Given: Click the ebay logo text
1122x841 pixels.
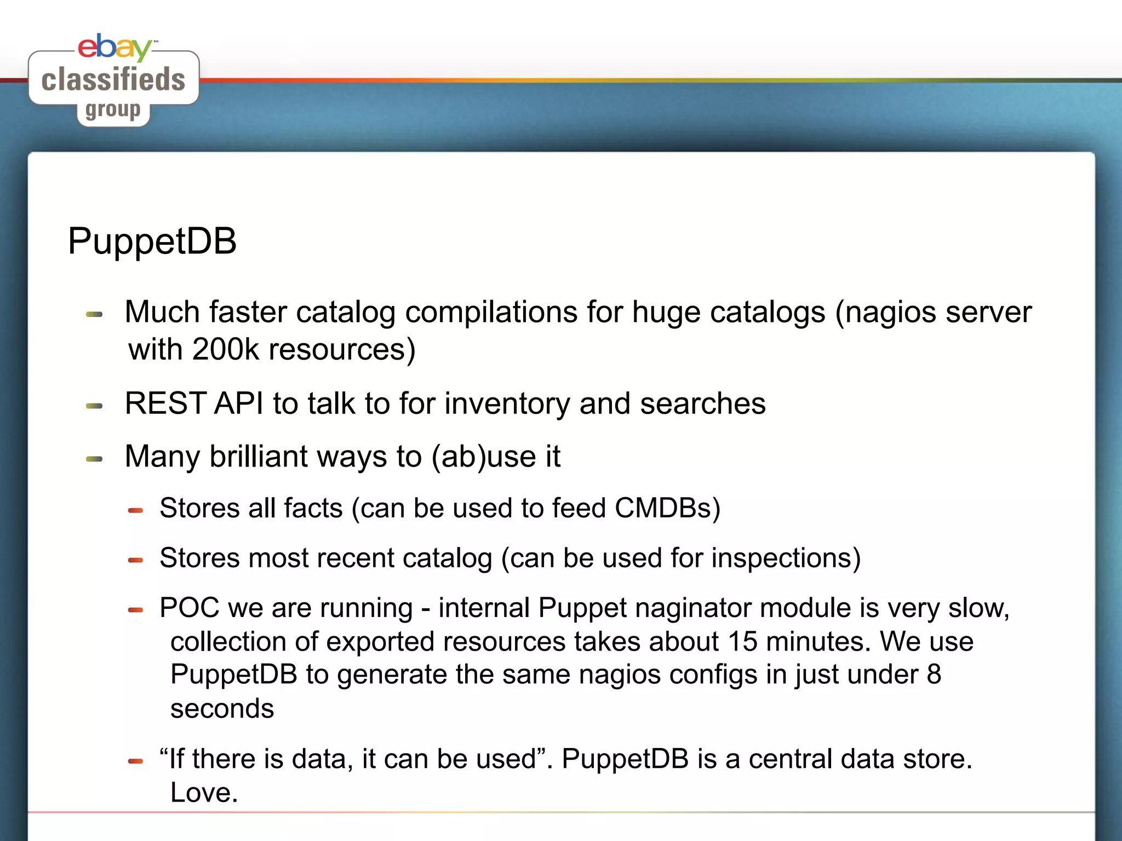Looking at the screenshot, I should [x=114, y=47].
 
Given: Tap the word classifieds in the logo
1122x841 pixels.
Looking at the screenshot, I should [x=113, y=80].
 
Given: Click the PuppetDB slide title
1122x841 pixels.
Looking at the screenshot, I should [x=152, y=241].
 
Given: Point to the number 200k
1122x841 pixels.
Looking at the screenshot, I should [x=225, y=349].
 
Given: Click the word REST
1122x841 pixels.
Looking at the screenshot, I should [x=165, y=404].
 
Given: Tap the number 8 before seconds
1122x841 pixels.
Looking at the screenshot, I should [x=934, y=675].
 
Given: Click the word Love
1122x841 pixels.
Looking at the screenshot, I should [x=204, y=793].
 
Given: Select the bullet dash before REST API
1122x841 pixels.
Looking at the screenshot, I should [x=94, y=406].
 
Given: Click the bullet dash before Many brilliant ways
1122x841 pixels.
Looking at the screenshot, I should [x=94, y=459].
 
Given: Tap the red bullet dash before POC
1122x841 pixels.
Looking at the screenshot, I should [x=135, y=610].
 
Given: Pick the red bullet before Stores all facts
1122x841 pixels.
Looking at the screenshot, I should [x=135, y=510].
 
